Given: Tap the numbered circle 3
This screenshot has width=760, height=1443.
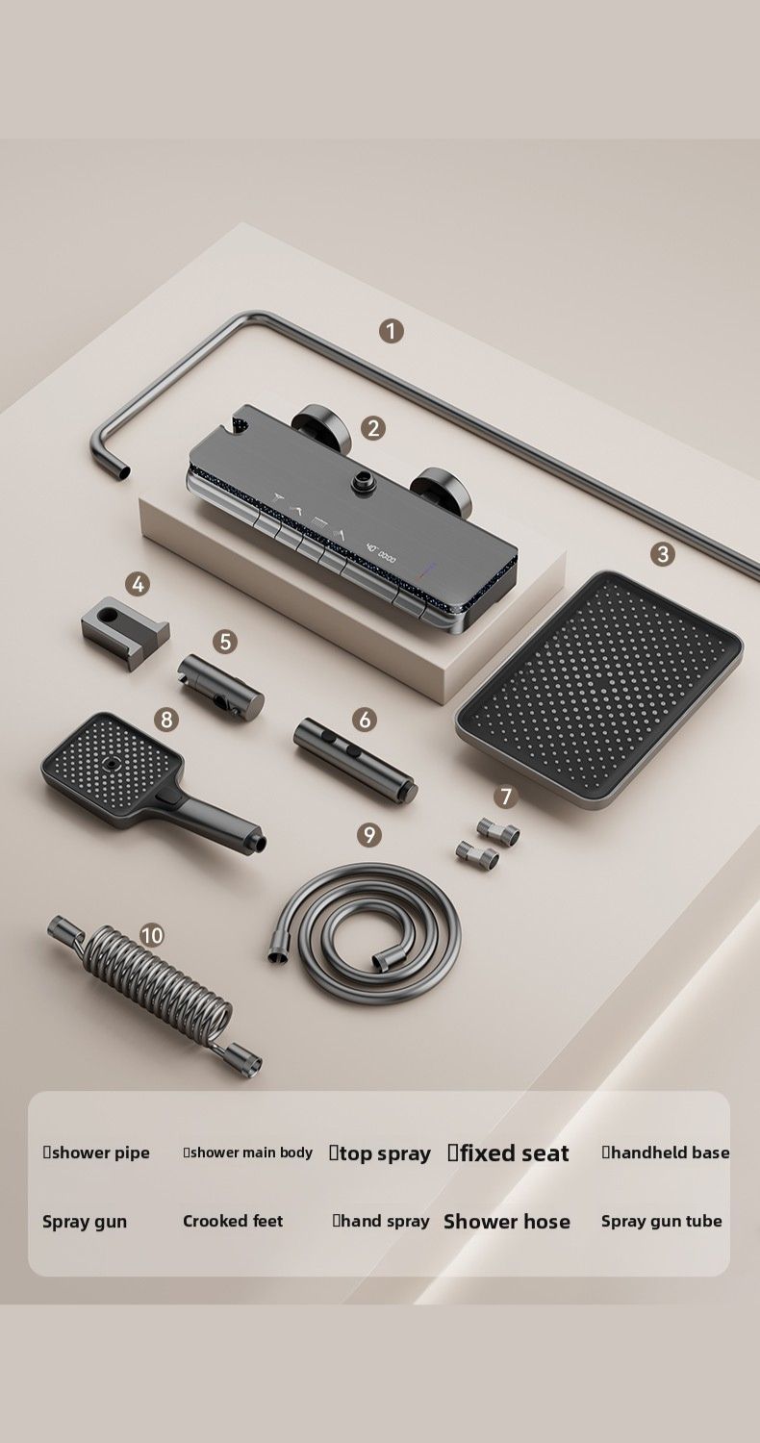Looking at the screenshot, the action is (663, 553).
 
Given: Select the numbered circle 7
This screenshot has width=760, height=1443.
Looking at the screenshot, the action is (506, 797).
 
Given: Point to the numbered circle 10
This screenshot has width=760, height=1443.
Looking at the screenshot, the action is (152, 935).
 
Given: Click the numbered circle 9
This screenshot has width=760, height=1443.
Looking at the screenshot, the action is (369, 835).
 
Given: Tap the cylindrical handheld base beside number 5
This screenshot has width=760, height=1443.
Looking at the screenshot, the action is (219, 685).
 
